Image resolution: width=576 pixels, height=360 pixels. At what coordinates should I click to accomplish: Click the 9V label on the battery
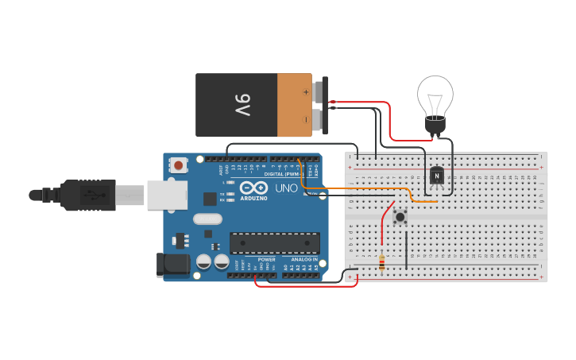[x=241, y=105]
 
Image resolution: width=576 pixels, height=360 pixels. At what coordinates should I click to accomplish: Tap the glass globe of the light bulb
[x=435, y=95]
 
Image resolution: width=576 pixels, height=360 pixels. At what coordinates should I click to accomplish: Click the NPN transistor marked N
[x=436, y=176]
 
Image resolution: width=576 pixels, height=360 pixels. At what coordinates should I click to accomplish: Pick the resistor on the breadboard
[x=382, y=261]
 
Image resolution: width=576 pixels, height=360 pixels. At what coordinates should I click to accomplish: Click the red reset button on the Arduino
[x=180, y=165]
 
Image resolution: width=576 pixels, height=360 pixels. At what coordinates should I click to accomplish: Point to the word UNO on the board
[x=286, y=188]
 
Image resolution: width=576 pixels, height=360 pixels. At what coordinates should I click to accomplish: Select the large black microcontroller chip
[x=275, y=244]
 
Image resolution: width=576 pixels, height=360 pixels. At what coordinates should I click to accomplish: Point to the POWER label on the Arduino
[x=266, y=259]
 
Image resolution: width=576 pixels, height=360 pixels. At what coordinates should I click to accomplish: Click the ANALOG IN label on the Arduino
[x=303, y=259]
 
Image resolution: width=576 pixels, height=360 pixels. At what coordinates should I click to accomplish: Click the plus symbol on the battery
[x=305, y=92]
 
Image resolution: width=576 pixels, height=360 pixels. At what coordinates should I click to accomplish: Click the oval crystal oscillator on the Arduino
[x=207, y=219]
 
